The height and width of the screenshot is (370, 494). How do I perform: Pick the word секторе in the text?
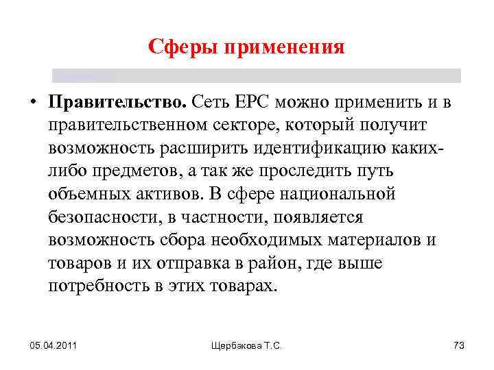[x=252, y=126]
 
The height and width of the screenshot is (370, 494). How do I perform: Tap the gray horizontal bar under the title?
[x=257, y=75]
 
